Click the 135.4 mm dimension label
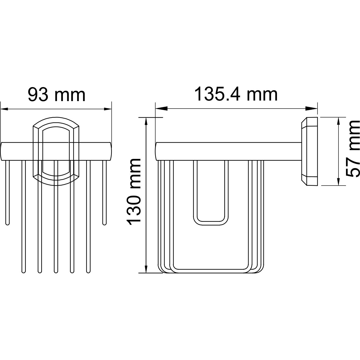[x=236, y=94]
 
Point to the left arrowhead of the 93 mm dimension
[x=5, y=109]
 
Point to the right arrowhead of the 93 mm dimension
[x=107, y=109]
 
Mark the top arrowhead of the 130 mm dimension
[x=146, y=123]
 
